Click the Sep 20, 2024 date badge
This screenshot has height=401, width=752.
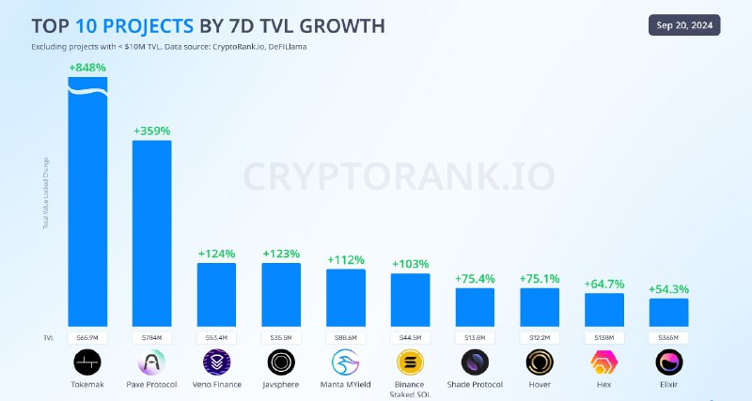pos(683,25)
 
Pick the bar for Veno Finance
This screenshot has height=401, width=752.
pos(216,294)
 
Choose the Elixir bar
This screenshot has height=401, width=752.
pos(668,312)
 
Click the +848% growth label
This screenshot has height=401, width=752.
pos(87,68)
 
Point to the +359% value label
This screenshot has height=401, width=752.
pos(151,131)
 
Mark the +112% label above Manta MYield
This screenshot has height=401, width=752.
pos(345,260)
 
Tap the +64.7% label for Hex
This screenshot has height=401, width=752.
pos(603,284)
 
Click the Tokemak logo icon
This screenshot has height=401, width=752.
pos(87,362)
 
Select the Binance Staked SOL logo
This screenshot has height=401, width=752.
pos(410,362)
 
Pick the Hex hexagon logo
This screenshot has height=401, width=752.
pos(603,362)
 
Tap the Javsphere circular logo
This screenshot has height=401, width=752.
pos(280,362)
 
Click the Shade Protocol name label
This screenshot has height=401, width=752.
pos(475,384)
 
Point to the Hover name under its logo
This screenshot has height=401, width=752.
pos(539,384)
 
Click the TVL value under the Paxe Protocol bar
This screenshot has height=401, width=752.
pos(151,337)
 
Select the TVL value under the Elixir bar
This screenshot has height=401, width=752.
pos(668,337)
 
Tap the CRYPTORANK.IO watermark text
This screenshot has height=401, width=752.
pos(399,176)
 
